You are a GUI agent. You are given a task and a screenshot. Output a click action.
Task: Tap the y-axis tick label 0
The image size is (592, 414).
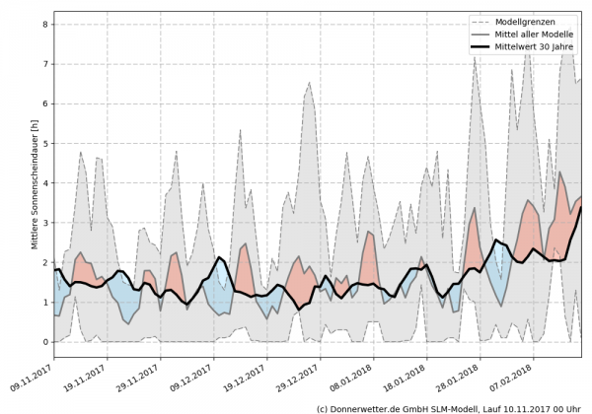45,342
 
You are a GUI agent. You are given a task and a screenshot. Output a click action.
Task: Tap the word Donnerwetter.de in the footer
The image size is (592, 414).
370,407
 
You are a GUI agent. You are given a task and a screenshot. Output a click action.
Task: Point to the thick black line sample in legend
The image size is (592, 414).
481,46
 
